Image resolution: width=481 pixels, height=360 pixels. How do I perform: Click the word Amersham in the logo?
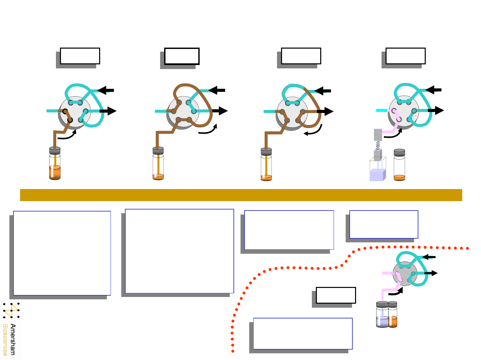point(13,339)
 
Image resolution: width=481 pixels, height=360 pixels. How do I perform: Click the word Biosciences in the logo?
point(5,339)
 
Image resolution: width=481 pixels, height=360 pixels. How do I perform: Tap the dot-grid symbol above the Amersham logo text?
point(11,310)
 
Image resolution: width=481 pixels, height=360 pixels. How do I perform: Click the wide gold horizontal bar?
point(241,195)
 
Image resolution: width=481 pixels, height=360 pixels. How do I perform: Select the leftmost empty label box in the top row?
point(80,56)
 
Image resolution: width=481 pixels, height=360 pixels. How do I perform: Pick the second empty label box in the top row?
point(182,56)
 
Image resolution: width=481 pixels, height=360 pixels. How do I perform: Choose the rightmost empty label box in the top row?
point(405,56)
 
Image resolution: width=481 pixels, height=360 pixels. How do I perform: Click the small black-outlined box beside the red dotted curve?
point(336,295)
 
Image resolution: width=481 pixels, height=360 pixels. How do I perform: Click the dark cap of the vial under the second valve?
point(158,151)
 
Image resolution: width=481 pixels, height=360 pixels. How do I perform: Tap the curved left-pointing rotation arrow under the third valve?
point(313,132)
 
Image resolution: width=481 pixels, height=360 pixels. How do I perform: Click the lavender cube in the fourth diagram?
point(377,175)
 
